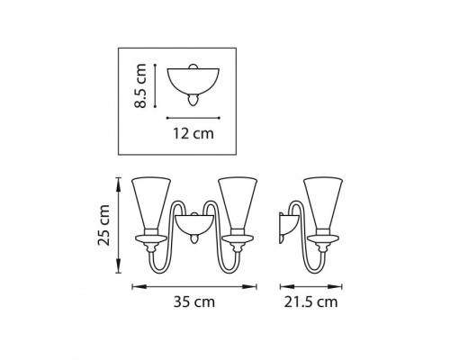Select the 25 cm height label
106,226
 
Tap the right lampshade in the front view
238,205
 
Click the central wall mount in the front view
193,224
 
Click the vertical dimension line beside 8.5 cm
156,85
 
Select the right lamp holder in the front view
238,240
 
